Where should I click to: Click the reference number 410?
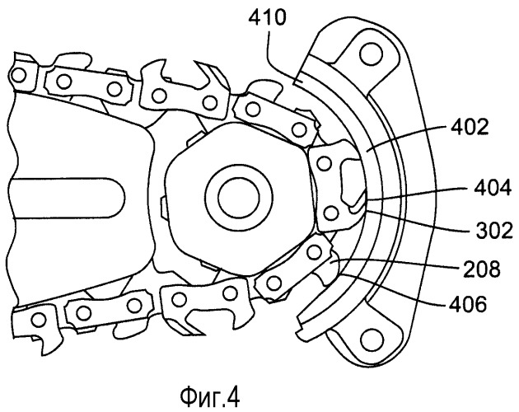[266, 19]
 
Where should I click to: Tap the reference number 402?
[470, 128]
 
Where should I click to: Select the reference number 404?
[492, 189]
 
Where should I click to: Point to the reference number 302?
[494, 230]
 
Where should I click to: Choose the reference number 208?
[481, 269]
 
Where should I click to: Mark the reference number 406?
[468, 304]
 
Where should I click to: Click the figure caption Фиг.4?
[209, 397]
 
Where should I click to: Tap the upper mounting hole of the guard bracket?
[372, 54]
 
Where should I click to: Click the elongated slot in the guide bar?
[66, 198]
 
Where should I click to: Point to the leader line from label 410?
[282, 59]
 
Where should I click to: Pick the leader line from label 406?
[392, 288]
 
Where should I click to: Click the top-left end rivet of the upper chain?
[18, 76]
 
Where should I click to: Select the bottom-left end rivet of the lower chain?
[39, 320]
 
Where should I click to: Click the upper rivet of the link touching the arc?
[324, 163]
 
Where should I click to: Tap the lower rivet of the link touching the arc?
[331, 213]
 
